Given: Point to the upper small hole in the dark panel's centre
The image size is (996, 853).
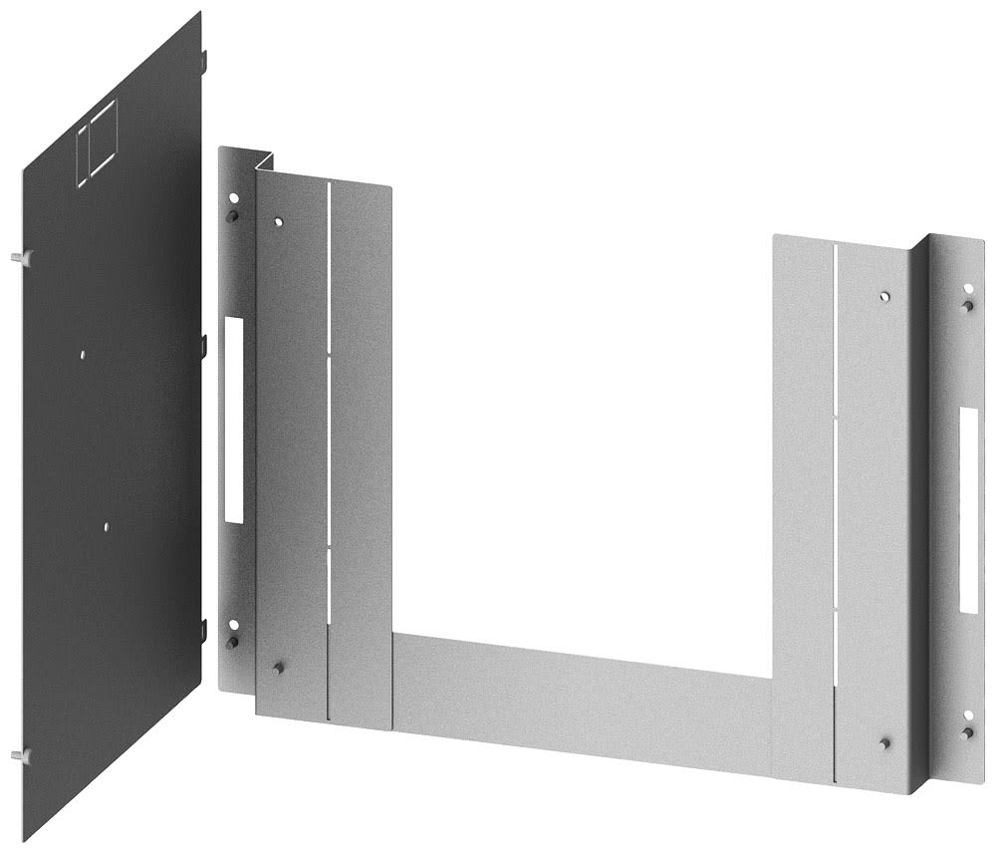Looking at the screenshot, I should [x=83, y=352].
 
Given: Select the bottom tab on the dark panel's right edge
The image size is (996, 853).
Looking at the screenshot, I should [x=204, y=630].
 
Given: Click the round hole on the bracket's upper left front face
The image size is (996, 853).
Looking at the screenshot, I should [x=279, y=222].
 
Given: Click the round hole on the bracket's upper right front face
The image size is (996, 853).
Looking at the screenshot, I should [x=884, y=296].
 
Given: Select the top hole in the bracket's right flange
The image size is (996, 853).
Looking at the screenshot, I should [x=966, y=289].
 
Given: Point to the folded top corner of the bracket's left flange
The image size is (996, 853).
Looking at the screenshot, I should [x=264, y=159].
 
